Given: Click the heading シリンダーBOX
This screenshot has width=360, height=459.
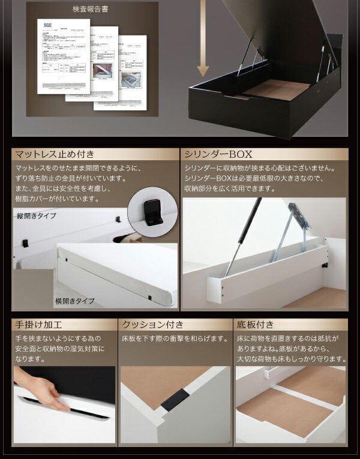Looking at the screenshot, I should point(215,154).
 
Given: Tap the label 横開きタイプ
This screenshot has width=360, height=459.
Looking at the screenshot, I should point(75,301).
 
